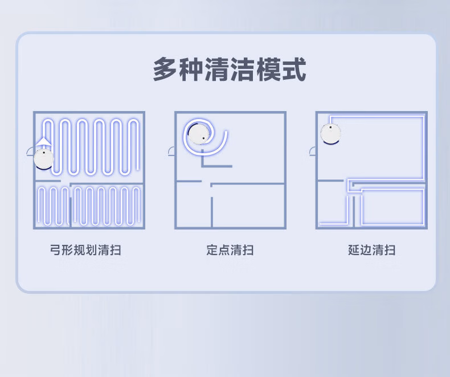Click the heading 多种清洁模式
coord(230,69)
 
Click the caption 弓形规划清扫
coord(85,250)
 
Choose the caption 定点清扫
coord(230,250)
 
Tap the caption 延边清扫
coord(371,250)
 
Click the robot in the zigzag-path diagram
coord(44,158)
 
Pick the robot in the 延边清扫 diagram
coord(330,134)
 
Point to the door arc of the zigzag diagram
coord(30,151)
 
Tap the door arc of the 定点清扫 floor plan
coord(171,151)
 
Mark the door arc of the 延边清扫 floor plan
coord(313,151)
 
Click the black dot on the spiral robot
coord(203,138)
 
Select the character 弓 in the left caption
coord(56,250)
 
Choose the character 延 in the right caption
coord(354,250)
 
